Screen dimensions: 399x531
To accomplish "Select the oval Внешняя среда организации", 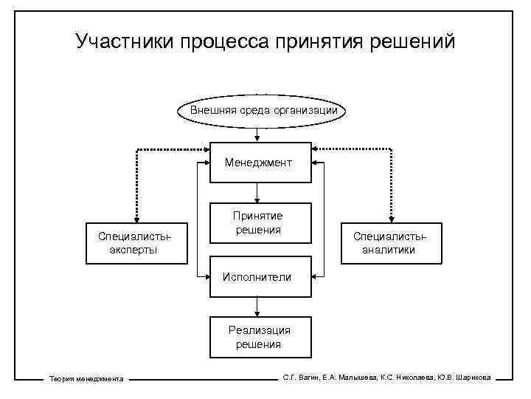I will coord(265,111).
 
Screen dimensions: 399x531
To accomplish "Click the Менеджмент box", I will coord(257,162).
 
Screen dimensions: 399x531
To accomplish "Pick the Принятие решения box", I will coord(257,222).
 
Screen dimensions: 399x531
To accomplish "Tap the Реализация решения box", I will coord(257,338).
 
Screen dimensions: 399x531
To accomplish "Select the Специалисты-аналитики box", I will coord(389,243).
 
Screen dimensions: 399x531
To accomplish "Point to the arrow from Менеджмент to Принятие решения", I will coord(257,194).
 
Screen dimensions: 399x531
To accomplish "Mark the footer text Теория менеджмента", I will coord(86,379).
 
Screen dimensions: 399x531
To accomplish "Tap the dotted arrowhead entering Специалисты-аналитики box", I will coord(391,219).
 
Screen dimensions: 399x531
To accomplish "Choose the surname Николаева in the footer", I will coord(412,378).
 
